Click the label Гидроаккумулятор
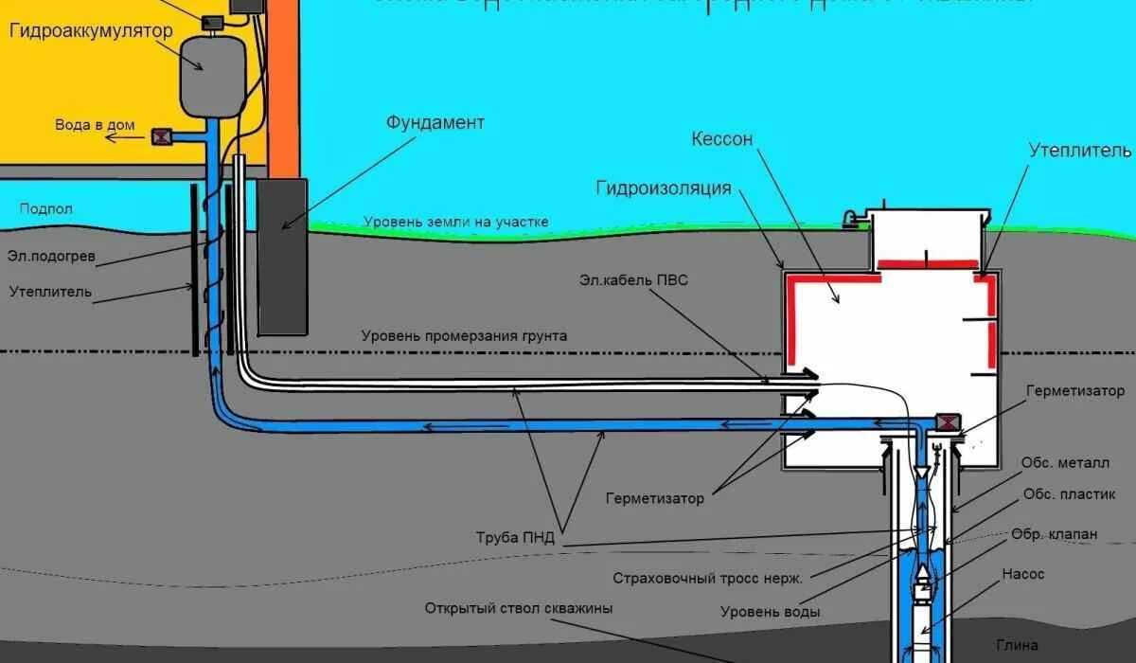click(x=91, y=31)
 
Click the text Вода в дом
click(x=95, y=125)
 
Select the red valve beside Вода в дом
click(x=161, y=137)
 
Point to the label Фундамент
click(x=435, y=123)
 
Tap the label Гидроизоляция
click(x=663, y=188)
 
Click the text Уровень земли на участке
click(x=456, y=222)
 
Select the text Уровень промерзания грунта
click(x=464, y=336)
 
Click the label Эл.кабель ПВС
click(x=628, y=280)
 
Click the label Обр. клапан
click(x=1055, y=534)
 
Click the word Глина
click(x=1018, y=645)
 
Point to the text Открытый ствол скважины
click(x=519, y=607)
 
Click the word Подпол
click(x=45, y=208)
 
